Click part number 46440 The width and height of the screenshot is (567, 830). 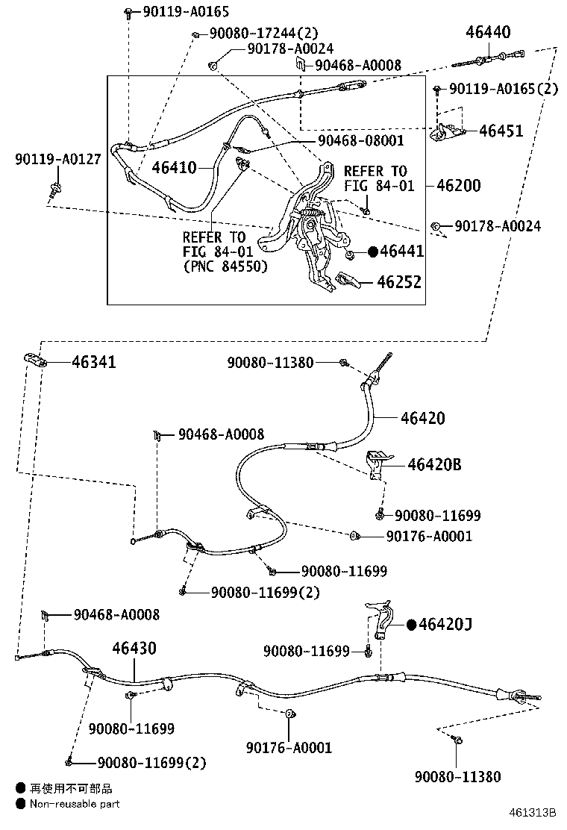tap(488, 32)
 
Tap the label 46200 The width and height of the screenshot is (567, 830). tap(459, 186)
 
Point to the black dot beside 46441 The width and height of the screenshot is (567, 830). tap(373, 252)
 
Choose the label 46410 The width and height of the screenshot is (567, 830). tap(174, 168)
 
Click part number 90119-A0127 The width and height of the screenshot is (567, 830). tap(57, 159)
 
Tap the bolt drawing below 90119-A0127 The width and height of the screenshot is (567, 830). tap(54, 190)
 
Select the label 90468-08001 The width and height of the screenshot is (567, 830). tap(361, 140)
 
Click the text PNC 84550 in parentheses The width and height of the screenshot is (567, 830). tap(226, 266)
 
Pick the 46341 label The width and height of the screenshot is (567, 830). tap(93, 362)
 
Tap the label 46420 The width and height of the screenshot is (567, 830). tap(422, 418)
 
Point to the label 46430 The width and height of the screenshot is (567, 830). tap(134, 649)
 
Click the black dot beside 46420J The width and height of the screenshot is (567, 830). tap(412, 625)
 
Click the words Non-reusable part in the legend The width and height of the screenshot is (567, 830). tap(75, 804)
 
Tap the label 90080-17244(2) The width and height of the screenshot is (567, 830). tap(264, 34)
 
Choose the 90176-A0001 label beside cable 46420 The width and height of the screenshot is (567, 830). tap(429, 536)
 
